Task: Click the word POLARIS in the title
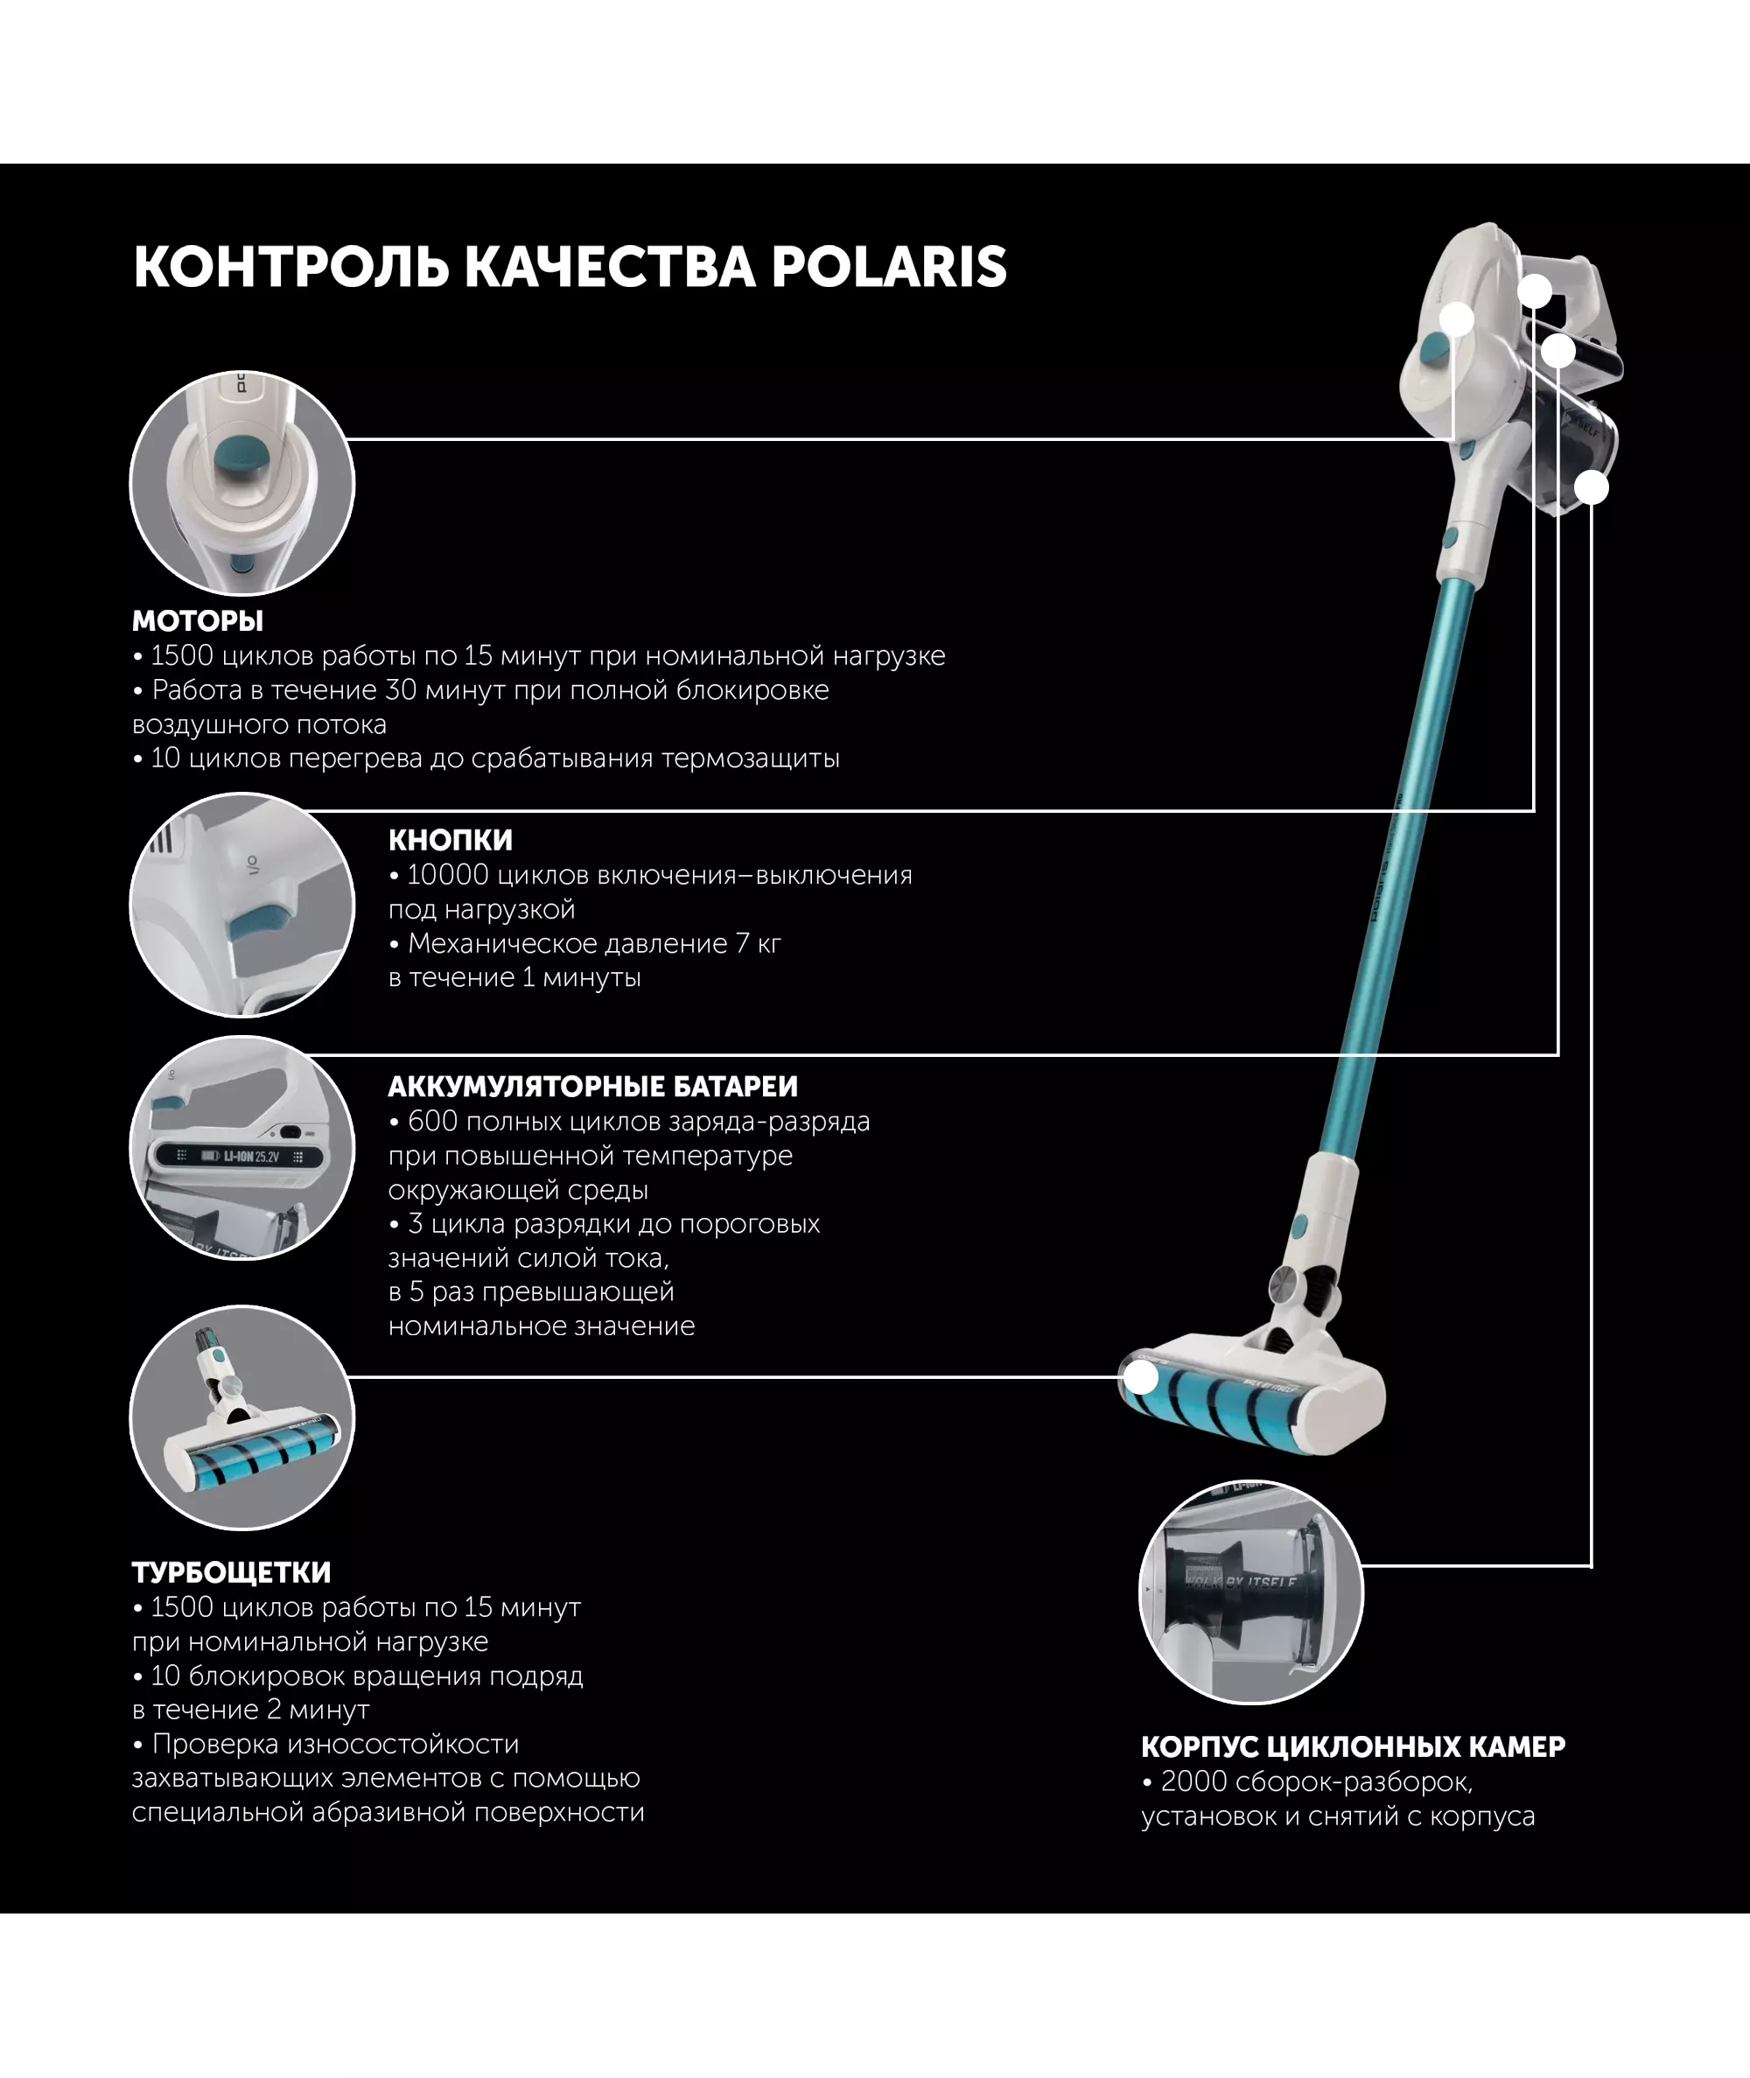tap(889, 267)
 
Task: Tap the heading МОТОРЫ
tap(198, 621)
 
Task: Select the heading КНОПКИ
tap(451, 840)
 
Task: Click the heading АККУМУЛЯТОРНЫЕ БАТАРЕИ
tap(592, 1086)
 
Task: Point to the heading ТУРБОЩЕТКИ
tap(231, 1572)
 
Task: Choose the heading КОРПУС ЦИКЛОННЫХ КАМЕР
tap(1353, 1746)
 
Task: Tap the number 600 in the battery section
tap(432, 1121)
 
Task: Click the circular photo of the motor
tap(242, 484)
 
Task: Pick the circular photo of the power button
tap(242, 905)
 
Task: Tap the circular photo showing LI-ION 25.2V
tap(242, 1148)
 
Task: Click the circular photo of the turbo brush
tap(242, 1417)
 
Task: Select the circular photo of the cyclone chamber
tap(1251, 1592)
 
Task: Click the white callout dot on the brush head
tap(1143, 1378)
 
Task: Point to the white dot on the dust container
tap(1592, 487)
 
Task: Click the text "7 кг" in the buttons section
tap(758, 943)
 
